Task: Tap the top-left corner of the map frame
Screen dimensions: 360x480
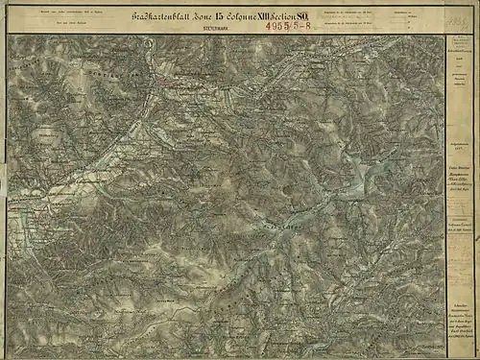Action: [x=9, y=36]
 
